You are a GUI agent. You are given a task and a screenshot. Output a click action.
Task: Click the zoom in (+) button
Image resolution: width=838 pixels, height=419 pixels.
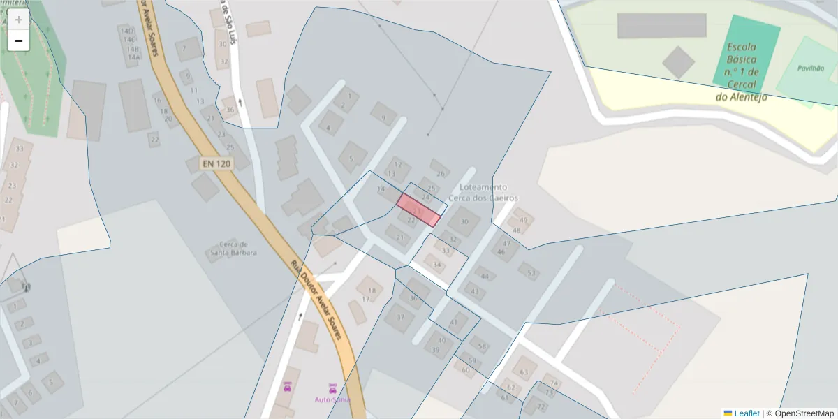tap(19, 20)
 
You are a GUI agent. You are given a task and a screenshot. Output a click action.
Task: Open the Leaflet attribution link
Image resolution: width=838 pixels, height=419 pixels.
tap(746, 413)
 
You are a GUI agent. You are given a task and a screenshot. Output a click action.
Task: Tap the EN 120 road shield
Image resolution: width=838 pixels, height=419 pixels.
tap(216, 163)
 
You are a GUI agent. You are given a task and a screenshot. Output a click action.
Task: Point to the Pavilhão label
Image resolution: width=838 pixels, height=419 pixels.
tap(810, 68)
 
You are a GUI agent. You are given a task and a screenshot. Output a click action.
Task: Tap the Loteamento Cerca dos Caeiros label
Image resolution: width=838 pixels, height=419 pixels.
tap(489, 193)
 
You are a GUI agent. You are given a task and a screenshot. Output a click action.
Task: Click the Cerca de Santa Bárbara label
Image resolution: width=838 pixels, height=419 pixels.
tap(234, 249)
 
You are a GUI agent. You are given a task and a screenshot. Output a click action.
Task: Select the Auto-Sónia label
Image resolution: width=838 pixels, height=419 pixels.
tap(332, 399)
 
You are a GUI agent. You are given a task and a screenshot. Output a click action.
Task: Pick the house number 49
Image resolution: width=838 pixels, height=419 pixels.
tap(523, 220)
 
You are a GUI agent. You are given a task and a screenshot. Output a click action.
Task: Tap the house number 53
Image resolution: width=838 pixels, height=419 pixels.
tap(531, 273)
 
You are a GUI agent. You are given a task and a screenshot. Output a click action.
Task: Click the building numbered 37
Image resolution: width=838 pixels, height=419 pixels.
tap(400, 317)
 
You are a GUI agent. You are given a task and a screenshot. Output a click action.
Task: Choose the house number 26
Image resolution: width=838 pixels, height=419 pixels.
tap(440, 174)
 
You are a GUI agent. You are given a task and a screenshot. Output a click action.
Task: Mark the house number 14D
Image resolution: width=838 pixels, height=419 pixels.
tap(127, 31)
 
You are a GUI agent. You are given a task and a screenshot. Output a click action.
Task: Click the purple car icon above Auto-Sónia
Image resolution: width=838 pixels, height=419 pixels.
tap(332, 387)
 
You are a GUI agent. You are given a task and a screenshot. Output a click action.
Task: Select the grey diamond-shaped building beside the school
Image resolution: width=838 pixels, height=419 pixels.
tap(678, 62)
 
